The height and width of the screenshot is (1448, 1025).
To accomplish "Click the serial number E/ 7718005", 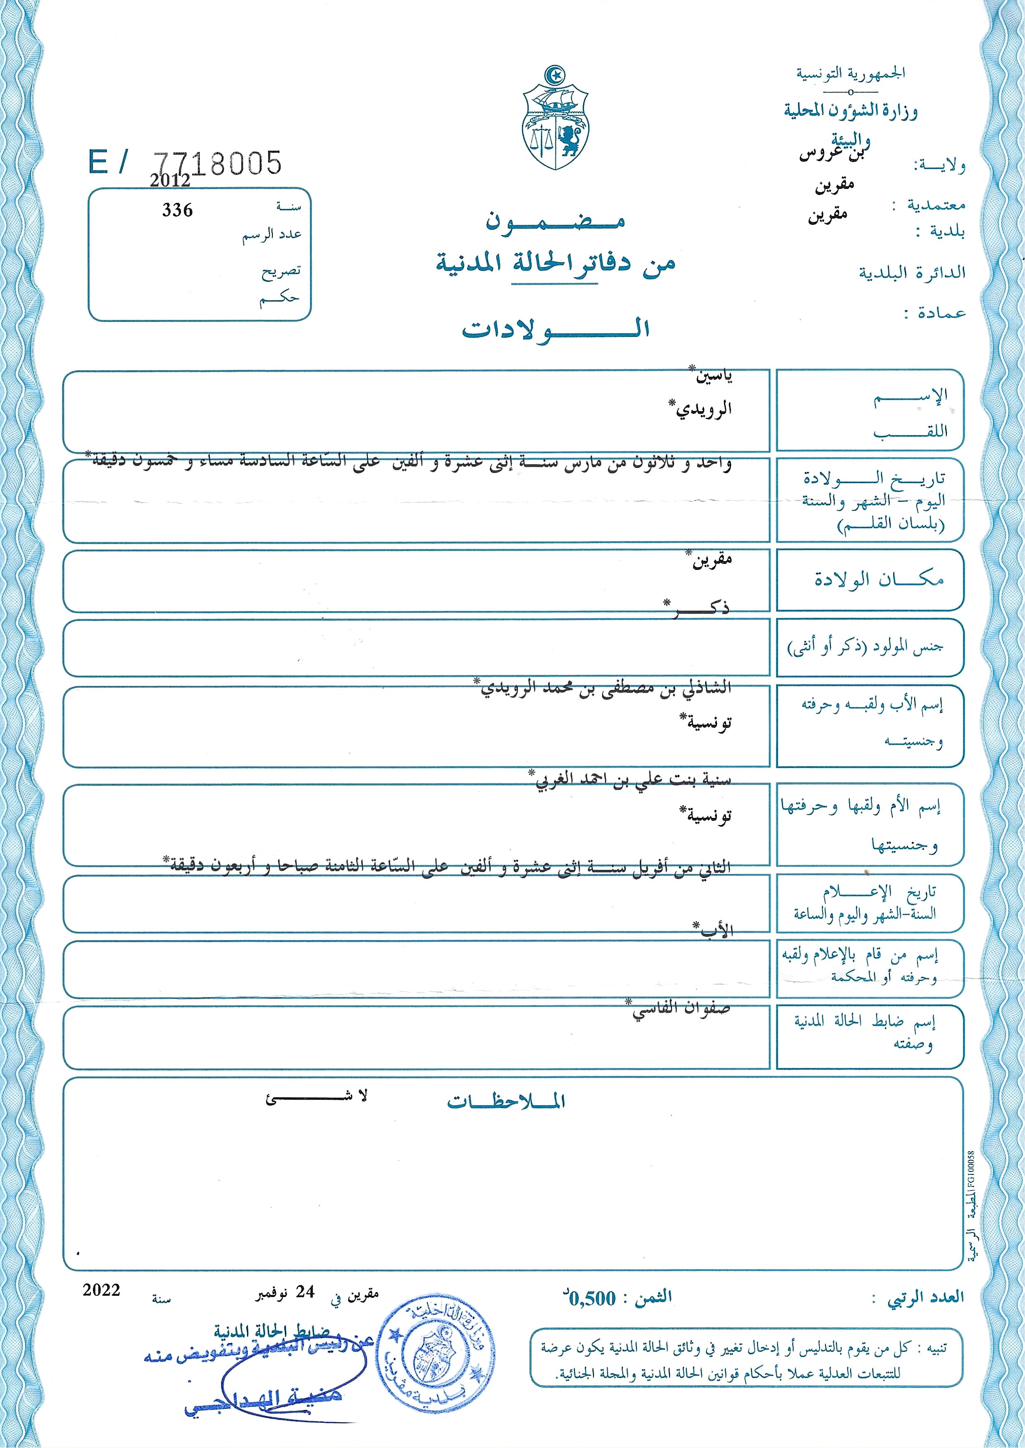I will click(x=185, y=163).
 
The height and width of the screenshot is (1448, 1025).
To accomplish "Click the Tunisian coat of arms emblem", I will click(x=555, y=119).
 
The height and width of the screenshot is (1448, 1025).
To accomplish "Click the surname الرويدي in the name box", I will click(x=700, y=409).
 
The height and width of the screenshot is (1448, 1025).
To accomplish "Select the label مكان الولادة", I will click(x=878, y=580).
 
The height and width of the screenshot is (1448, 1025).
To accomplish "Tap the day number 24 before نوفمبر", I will click(x=305, y=1293).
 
